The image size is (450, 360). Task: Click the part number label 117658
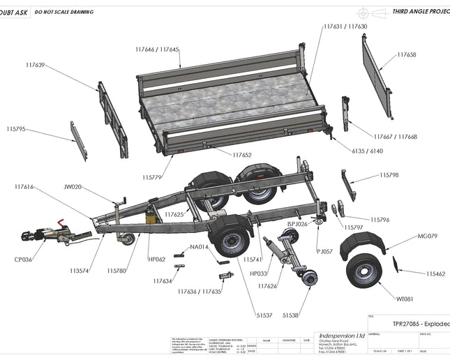(x=407, y=54)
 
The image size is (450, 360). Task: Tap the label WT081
(x=405, y=299)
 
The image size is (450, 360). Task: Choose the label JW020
(x=73, y=187)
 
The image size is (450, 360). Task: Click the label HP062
(x=156, y=259)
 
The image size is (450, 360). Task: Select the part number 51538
(x=291, y=315)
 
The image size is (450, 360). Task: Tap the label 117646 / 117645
(x=157, y=50)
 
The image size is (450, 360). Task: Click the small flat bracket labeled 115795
(x=79, y=140)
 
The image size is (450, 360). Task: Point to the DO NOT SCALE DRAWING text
(x=64, y=13)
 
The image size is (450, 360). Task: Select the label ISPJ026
(x=297, y=224)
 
